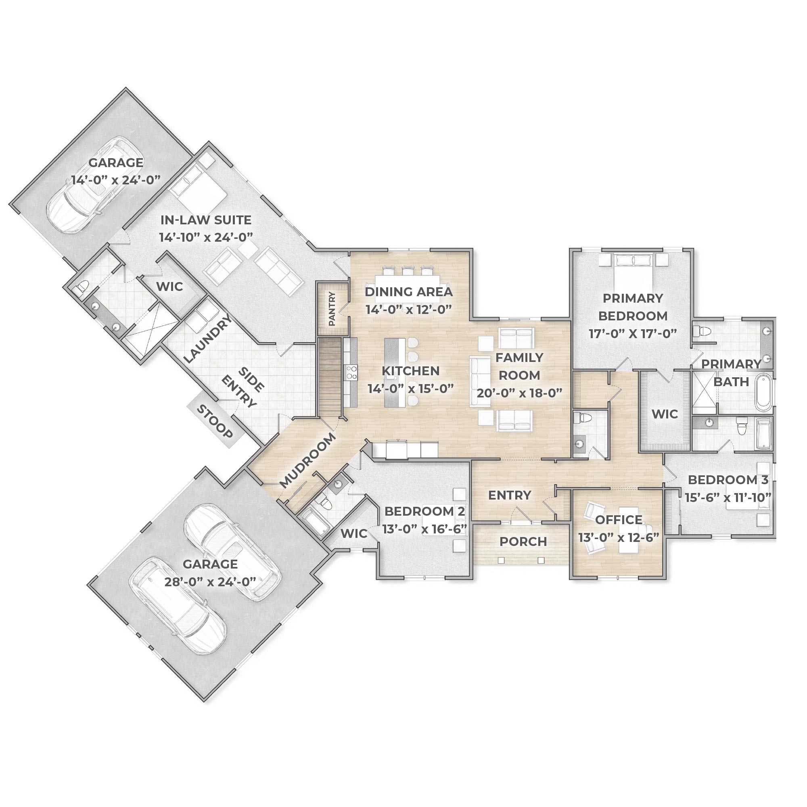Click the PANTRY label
click(332, 309)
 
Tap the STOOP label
click(215, 422)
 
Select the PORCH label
click(523, 542)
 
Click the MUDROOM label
click(307, 460)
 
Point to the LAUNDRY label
click(207, 339)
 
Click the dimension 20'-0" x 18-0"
click(520, 393)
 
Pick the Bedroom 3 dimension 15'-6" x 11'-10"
click(728, 498)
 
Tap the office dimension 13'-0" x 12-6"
click(618, 537)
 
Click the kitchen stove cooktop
click(351, 372)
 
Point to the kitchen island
click(392, 372)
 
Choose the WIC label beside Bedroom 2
click(354, 533)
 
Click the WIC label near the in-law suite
click(169, 286)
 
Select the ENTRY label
click(510, 495)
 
